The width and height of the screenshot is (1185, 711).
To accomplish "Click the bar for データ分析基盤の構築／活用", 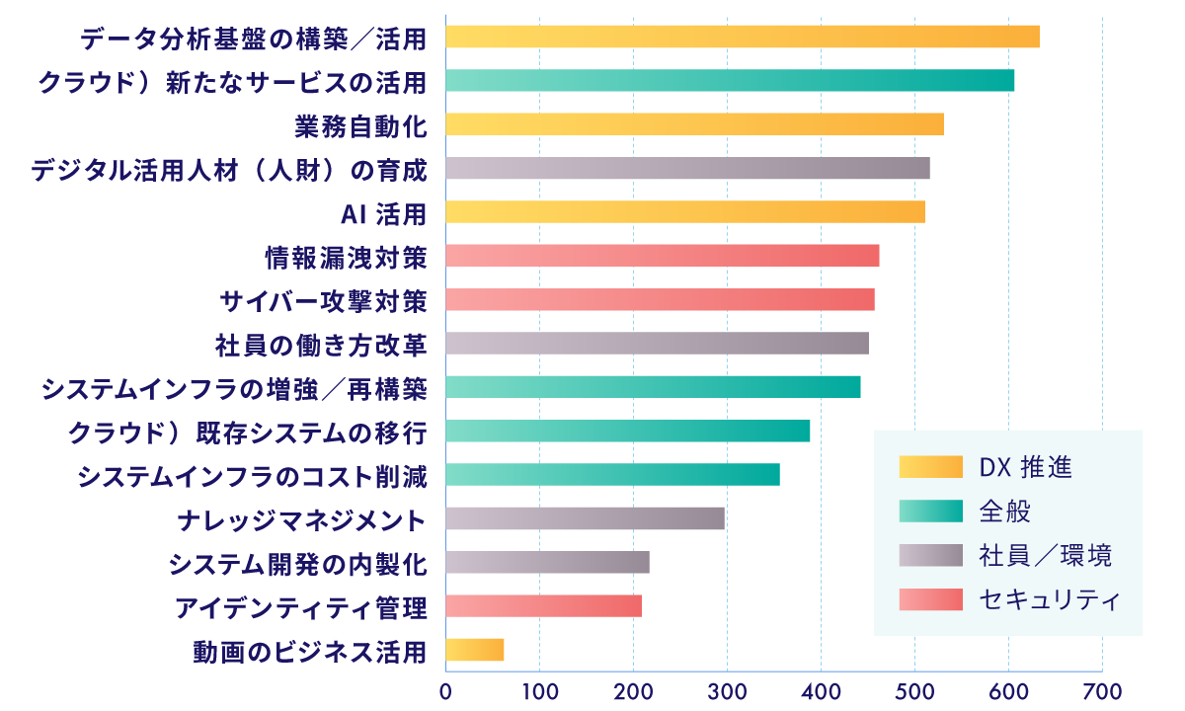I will click(x=742, y=37).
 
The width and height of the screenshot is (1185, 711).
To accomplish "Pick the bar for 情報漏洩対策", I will click(x=662, y=255).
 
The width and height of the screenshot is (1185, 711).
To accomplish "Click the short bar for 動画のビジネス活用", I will click(x=475, y=649).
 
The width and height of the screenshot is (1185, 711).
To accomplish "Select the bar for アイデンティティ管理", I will click(x=543, y=605).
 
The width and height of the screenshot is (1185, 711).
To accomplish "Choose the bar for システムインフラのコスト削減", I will click(x=612, y=474).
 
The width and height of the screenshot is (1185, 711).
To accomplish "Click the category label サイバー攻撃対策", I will click(x=324, y=299).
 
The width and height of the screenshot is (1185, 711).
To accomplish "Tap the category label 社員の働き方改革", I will click(x=321, y=344).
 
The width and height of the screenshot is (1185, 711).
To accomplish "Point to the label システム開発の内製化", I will click(x=297, y=563).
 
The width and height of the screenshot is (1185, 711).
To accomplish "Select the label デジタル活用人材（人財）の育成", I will click(x=229, y=169).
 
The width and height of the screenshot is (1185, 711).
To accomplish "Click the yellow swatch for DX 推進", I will click(x=930, y=466).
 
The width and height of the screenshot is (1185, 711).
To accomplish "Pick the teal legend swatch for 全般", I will click(x=930, y=511).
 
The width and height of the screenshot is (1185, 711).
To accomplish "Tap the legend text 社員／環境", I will click(x=1046, y=555).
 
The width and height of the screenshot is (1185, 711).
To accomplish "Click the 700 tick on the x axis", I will click(x=1102, y=689).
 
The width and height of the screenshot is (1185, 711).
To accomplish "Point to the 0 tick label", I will click(x=445, y=689).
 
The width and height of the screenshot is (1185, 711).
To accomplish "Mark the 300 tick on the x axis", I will click(x=727, y=689).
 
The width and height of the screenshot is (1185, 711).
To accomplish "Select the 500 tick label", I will click(x=914, y=689).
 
